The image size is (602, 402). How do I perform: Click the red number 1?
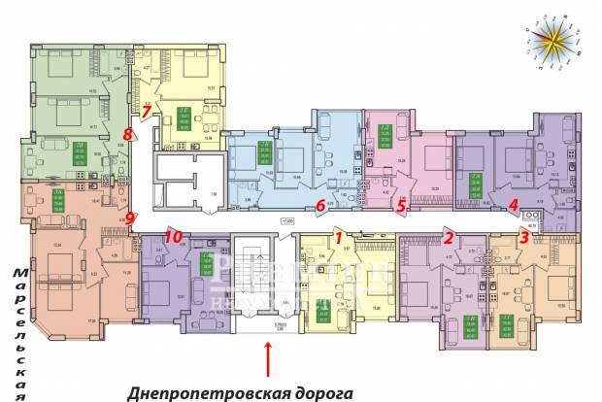pyautogui.click(x=339, y=236)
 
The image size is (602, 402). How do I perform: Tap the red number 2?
pyautogui.click(x=449, y=236)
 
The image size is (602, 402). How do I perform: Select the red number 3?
pyautogui.click(x=524, y=236)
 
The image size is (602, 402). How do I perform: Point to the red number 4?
pyautogui.click(x=513, y=204)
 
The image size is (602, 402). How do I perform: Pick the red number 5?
pyautogui.click(x=400, y=204)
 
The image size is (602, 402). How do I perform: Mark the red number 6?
pyautogui.click(x=319, y=205)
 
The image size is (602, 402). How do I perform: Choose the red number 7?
pyautogui.click(x=146, y=112)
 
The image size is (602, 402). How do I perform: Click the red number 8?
pyautogui.click(x=127, y=134)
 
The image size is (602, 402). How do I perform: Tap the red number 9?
pyautogui.click(x=130, y=218)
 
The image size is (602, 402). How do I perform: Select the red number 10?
pyautogui.click(x=173, y=236)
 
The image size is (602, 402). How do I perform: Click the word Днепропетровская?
pyautogui.click(x=209, y=392)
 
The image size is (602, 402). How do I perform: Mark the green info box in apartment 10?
pyautogui.click(x=207, y=262)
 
